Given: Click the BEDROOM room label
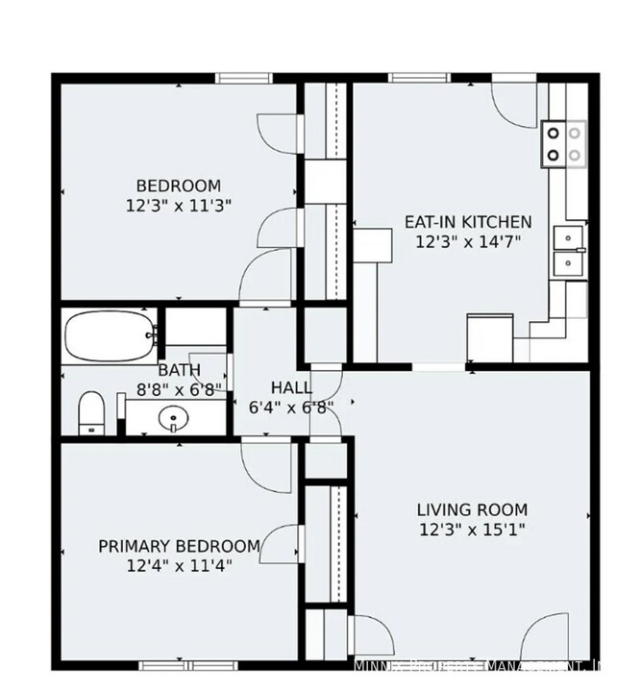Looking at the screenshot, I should coord(178,185).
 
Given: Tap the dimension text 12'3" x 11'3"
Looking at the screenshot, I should coord(178,205).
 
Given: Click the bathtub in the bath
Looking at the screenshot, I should coord(108,336).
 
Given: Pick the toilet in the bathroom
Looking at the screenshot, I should coord(90,411).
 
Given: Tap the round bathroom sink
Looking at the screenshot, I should coord(173,418).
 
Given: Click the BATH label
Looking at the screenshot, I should coord(180,370).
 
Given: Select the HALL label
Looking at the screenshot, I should coord(290,387).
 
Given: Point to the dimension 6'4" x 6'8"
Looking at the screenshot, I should coord(290,407).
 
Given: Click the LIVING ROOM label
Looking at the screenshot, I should coord(472,509).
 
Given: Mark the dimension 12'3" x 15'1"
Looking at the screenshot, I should coord(472,529).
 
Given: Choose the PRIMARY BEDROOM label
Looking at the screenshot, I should coord(179,546).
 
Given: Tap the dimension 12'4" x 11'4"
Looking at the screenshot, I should coord(179,565).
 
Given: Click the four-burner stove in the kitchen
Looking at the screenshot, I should coord(564,142).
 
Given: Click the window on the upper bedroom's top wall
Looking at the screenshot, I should coord(244,78).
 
